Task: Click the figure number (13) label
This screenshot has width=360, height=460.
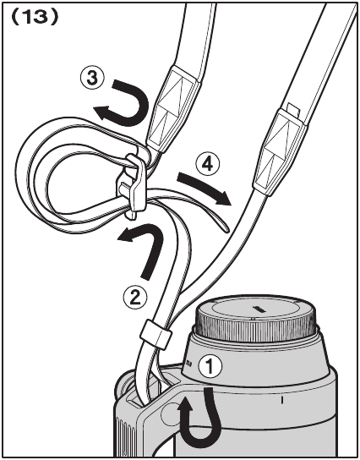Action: tap(35, 18)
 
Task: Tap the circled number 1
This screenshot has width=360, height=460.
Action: tap(210, 366)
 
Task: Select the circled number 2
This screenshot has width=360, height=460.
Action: tap(135, 298)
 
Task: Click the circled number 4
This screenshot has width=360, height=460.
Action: tap(208, 165)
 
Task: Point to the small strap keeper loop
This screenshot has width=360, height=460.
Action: tap(155, 335)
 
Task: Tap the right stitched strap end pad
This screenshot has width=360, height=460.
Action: tap(279, 151)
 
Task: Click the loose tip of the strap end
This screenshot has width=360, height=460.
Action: tap(226, 229)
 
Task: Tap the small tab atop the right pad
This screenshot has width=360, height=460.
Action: tap(294, 110)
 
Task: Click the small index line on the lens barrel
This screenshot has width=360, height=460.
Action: tap(282, 400)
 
